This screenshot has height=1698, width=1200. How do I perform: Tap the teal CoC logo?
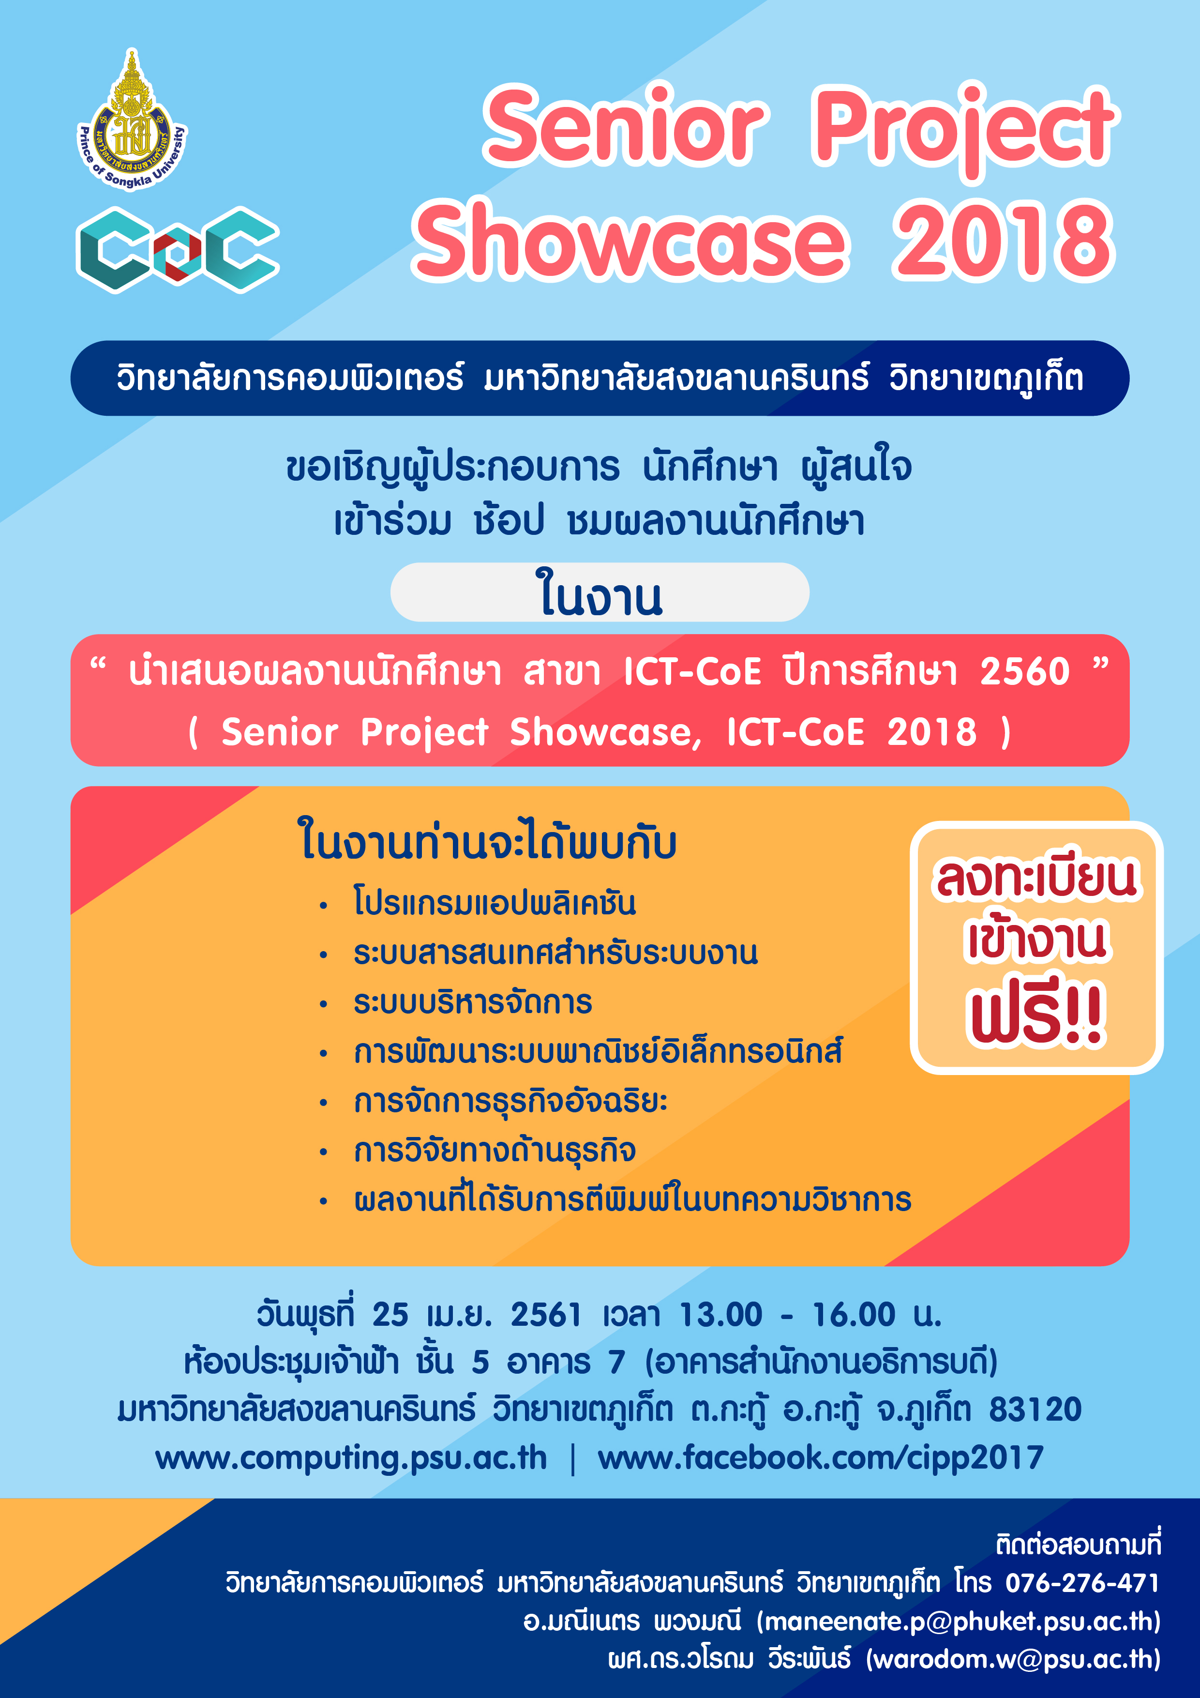pos(178,249)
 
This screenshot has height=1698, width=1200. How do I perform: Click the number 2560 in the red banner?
pos(1025,671)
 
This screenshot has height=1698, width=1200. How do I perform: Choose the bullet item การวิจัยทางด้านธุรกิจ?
pos(495,1151)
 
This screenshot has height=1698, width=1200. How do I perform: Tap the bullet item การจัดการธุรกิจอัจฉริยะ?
pos(510,1101)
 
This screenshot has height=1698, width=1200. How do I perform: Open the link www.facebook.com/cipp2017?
pos(821,1457)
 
